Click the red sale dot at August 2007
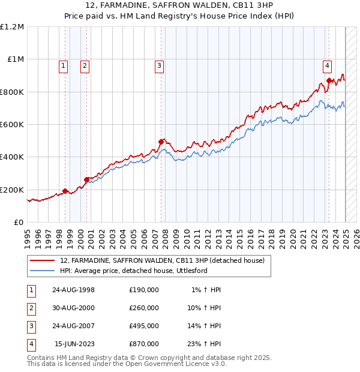pyautogui.click(x=161, y=142)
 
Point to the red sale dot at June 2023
pyautogui.click(x=329, y=80)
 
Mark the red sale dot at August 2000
pyautogui.click(x=86, y=179)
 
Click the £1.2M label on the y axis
pyautogui.click(x=12, y=27)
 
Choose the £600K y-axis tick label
pyautogui.click(x=12, y=125)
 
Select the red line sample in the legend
pyautogui.click(x=43, y=260)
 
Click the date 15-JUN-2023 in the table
pyautogui.click(x=75, y=344)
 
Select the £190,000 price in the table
pyautogui.click(x=143, y=290)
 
